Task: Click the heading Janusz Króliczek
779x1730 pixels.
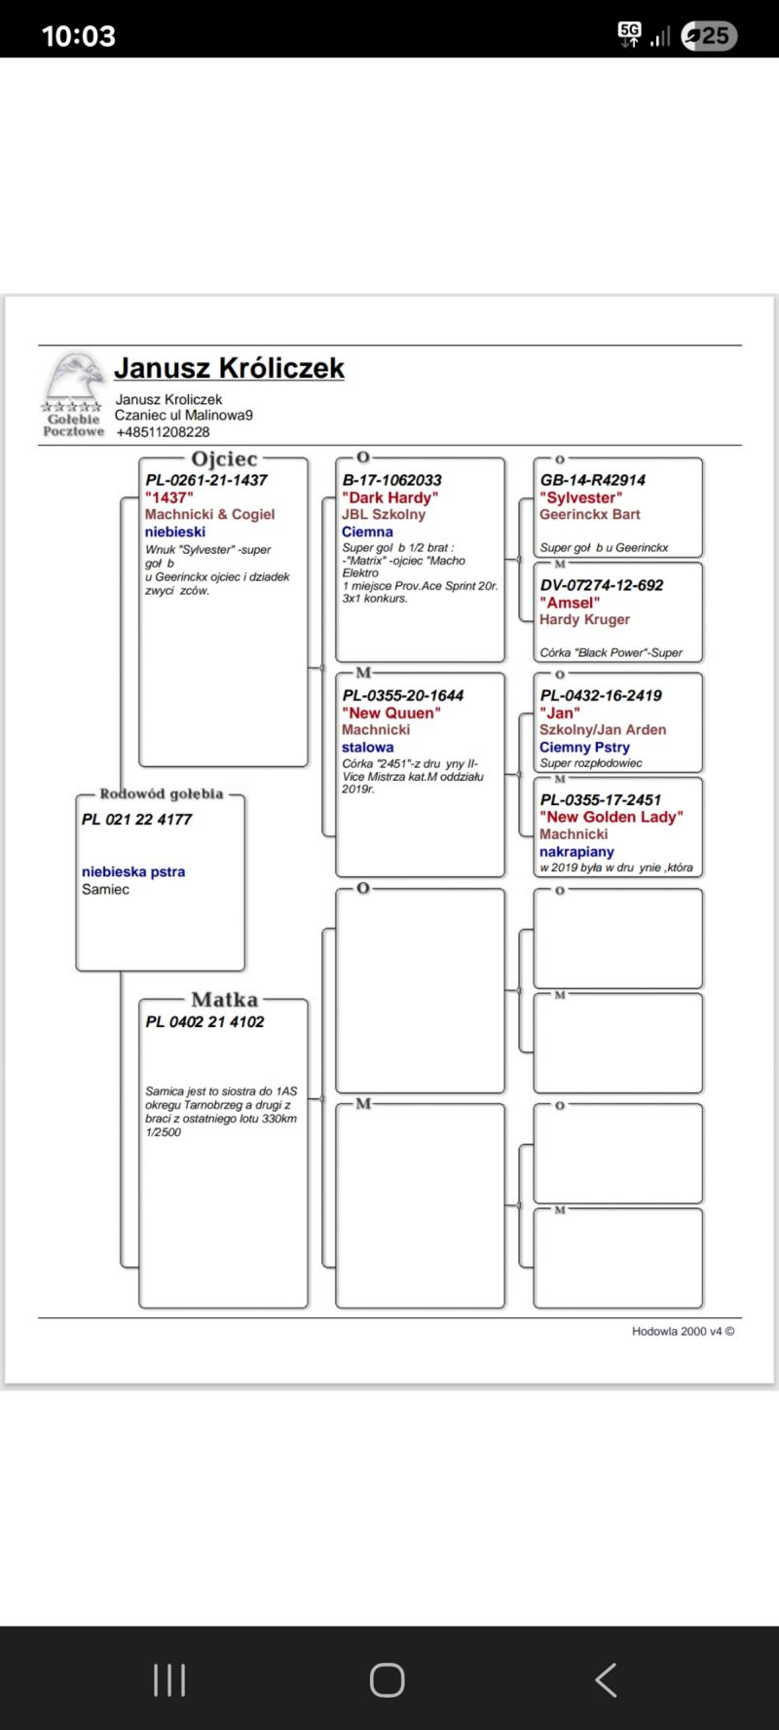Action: pyautogui.click(x=229, y=368)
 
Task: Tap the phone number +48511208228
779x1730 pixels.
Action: pyautogui.click(x=163, y=432)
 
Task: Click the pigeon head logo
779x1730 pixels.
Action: pyautogui.click(x=74, y=378)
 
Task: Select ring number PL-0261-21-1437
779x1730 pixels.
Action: pyautogui.click(x=206, y=480)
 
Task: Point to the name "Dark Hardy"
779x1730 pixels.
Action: pyautogui.click(x=389, y=497)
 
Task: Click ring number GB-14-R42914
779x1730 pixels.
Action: pyautogui.click(x=592, y=480)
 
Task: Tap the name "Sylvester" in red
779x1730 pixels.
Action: pyautogui.click(x=580, y=497)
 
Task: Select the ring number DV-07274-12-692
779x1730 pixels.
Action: pyautogui.click(x=601, y=585)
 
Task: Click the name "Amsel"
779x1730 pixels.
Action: pyautogui.click(x=570, y=603)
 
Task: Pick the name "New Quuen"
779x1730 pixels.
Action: pyautogui.click(x=390, y=713)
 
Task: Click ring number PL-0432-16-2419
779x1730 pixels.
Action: pyautogui.click(x=600, y=695)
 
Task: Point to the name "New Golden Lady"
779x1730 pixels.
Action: pyautogui.click(x=611, y=817)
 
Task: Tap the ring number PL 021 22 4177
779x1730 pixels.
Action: pyautogui.click(x=136, y=820)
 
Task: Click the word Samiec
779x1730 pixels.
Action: pyautogui.click(x=105, y=890)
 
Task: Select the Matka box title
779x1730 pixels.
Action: pyautogui.click(x=224, y=1000)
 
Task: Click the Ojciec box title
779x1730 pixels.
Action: pyautogui.click(x=224, y=459)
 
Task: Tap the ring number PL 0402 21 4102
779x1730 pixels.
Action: pyautogui.click(x=204, y=1022)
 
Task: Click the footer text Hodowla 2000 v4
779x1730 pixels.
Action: pyautogui.click(x=683, y=1331)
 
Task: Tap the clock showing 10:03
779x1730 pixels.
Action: pyautogui.click(x=78, y=36)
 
